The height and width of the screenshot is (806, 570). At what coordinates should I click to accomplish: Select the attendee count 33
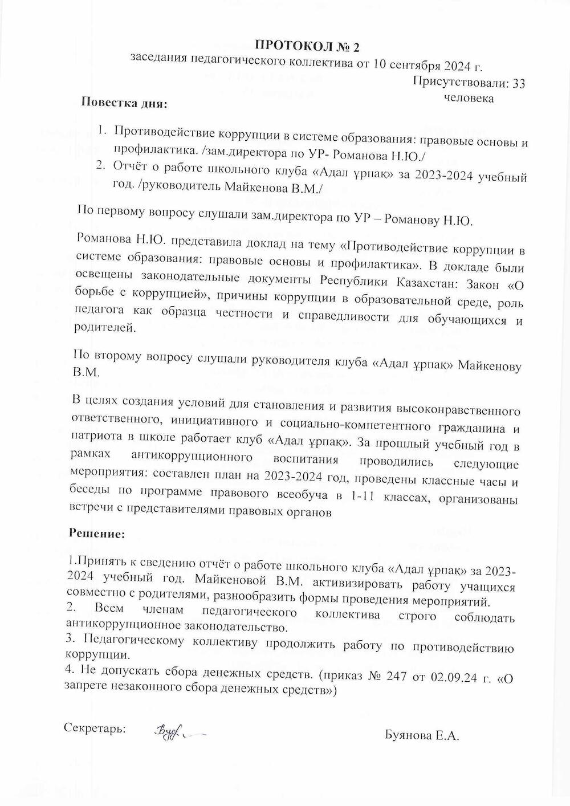[519, 84]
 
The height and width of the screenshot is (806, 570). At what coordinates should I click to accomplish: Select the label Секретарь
[95, 728]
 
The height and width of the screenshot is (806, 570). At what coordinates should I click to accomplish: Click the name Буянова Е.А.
[422, 736]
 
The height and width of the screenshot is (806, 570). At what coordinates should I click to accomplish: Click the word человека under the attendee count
[469, 98]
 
